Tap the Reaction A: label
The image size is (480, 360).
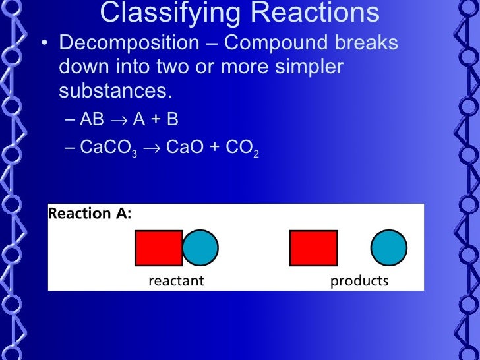90,213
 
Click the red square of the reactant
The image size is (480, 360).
158,248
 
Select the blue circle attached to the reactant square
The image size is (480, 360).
201,248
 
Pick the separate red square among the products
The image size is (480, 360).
314,248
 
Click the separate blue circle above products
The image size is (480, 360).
389,248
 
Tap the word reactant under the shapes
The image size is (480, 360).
176,281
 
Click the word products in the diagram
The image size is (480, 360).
359,281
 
